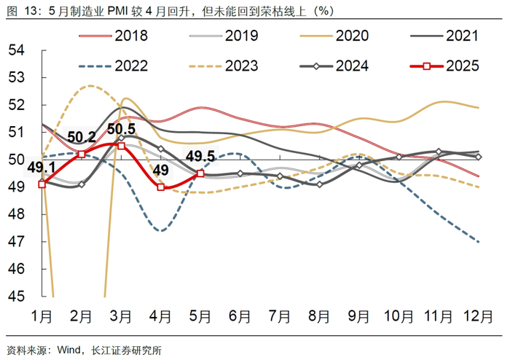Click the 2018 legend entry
pyautogui.click(x=130, y=35)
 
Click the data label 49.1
pyautogui.click(x=42, y=168)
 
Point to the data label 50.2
pyautogui.click(x=82, y=137)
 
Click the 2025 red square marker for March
pyautogui.click(x=121, y=146)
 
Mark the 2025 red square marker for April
pyautogui.click(x=160, y=187)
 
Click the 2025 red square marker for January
pyautogui.click(x=42, y=184)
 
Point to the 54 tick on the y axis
pyautogui.click(x=17, y=50)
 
